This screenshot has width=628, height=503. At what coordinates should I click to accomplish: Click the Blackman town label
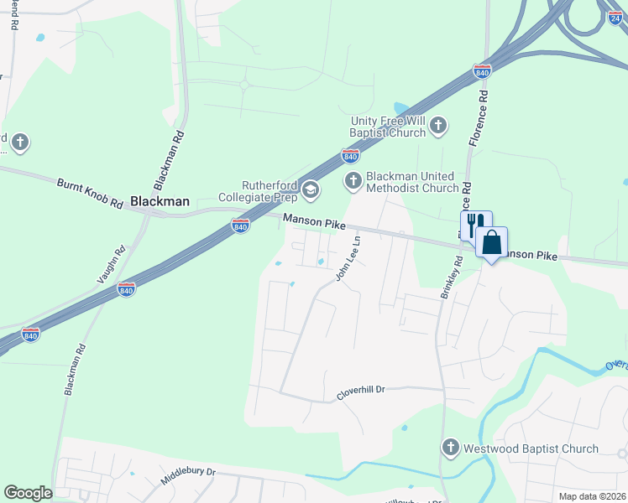click(x=160, y=202)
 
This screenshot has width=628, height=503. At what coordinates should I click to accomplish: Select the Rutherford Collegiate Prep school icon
click(x=311, y=191)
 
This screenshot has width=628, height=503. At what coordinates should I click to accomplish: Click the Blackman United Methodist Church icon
click(x=353, y=180)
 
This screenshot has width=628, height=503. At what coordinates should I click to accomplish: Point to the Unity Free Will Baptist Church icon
click(x=437, y=127)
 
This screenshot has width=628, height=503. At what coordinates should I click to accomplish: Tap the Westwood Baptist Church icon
click(x=451, y=449)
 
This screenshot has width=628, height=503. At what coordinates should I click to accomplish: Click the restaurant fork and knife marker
click(x=472, y=224)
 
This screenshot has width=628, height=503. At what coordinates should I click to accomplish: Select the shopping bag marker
click(x=492, y=242)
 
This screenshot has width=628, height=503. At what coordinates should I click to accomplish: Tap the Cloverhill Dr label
click(x=360, y=390)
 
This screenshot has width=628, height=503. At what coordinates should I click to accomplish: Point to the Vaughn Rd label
click(x=112, y=264)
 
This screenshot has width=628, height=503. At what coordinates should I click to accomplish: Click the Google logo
click(x=28, y=493)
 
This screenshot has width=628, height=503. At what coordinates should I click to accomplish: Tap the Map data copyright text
click(x=591, y=496)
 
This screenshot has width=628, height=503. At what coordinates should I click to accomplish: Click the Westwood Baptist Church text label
click(x=531, y=449)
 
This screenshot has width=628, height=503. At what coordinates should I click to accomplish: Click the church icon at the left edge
click(x=20, y=143)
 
